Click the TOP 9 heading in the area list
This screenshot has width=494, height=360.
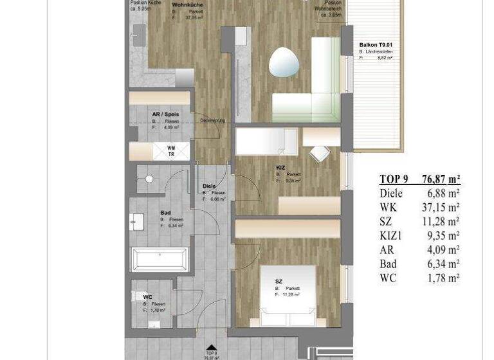(394, 179)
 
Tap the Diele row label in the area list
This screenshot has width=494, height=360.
(391, 194)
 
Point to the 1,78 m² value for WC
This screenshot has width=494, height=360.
(443, 278)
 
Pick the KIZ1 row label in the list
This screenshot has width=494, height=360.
(392, 236)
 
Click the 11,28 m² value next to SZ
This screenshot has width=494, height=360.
(441, 222)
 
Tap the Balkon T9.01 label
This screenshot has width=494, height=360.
(376, 45)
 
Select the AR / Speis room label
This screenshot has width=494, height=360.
(165, 114)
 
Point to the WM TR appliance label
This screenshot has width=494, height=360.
(171, 151)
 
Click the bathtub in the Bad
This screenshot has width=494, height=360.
(160, 260)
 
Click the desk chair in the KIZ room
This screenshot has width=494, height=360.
(319, 154)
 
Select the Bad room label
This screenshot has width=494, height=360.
(165, 212)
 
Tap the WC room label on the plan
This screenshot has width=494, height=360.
(148, 297)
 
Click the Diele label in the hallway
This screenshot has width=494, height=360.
(209, 186)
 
